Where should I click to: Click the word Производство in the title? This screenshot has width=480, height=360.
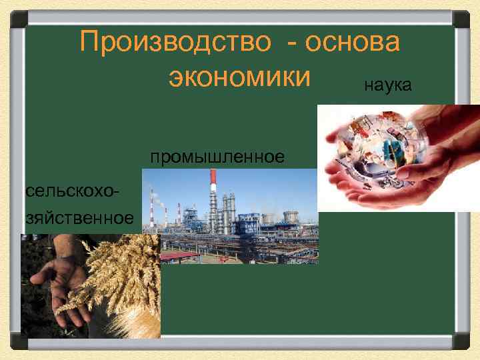[174, 43]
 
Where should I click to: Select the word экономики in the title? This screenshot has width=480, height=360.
[240, 76]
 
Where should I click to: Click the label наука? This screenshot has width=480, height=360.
[388, 85]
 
